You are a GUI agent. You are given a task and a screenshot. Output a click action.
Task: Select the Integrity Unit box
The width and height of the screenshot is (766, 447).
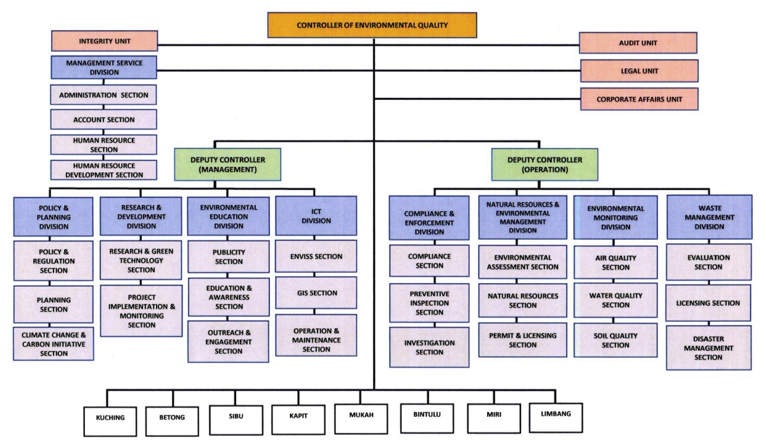tap(104, 42)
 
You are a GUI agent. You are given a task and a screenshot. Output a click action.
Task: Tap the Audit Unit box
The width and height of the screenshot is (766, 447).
tap(638, 43)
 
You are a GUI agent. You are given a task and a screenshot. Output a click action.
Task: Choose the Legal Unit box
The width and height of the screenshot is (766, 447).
tap(638, 71)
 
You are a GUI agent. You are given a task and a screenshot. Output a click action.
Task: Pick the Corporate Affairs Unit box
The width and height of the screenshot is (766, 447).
tap(638, 99)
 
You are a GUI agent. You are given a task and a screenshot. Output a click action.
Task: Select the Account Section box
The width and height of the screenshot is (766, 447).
tap(104, 119)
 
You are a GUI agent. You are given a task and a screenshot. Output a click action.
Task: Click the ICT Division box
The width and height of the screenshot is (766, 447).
tap(316, 216)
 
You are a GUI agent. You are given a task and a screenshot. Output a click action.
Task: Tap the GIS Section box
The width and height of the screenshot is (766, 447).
tap(316, 293)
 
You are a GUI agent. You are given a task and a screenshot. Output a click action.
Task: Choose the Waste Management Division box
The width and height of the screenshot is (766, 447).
tap(708, 217)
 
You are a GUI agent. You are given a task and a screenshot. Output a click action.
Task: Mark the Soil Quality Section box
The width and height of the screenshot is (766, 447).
tap(615, 340)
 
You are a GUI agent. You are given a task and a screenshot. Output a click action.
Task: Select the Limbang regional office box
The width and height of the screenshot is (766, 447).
tap(552, 414)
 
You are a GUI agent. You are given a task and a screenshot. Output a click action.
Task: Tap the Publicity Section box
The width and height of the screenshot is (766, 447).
tap(228, 256)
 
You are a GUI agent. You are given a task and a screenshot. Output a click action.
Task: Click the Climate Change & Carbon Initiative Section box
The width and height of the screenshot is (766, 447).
tap(54, 344)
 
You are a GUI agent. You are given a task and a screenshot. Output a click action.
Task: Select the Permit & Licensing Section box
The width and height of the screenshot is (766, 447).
tap(523, 340)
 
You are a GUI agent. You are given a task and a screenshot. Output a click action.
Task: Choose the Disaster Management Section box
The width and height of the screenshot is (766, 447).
tap(708, 348)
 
